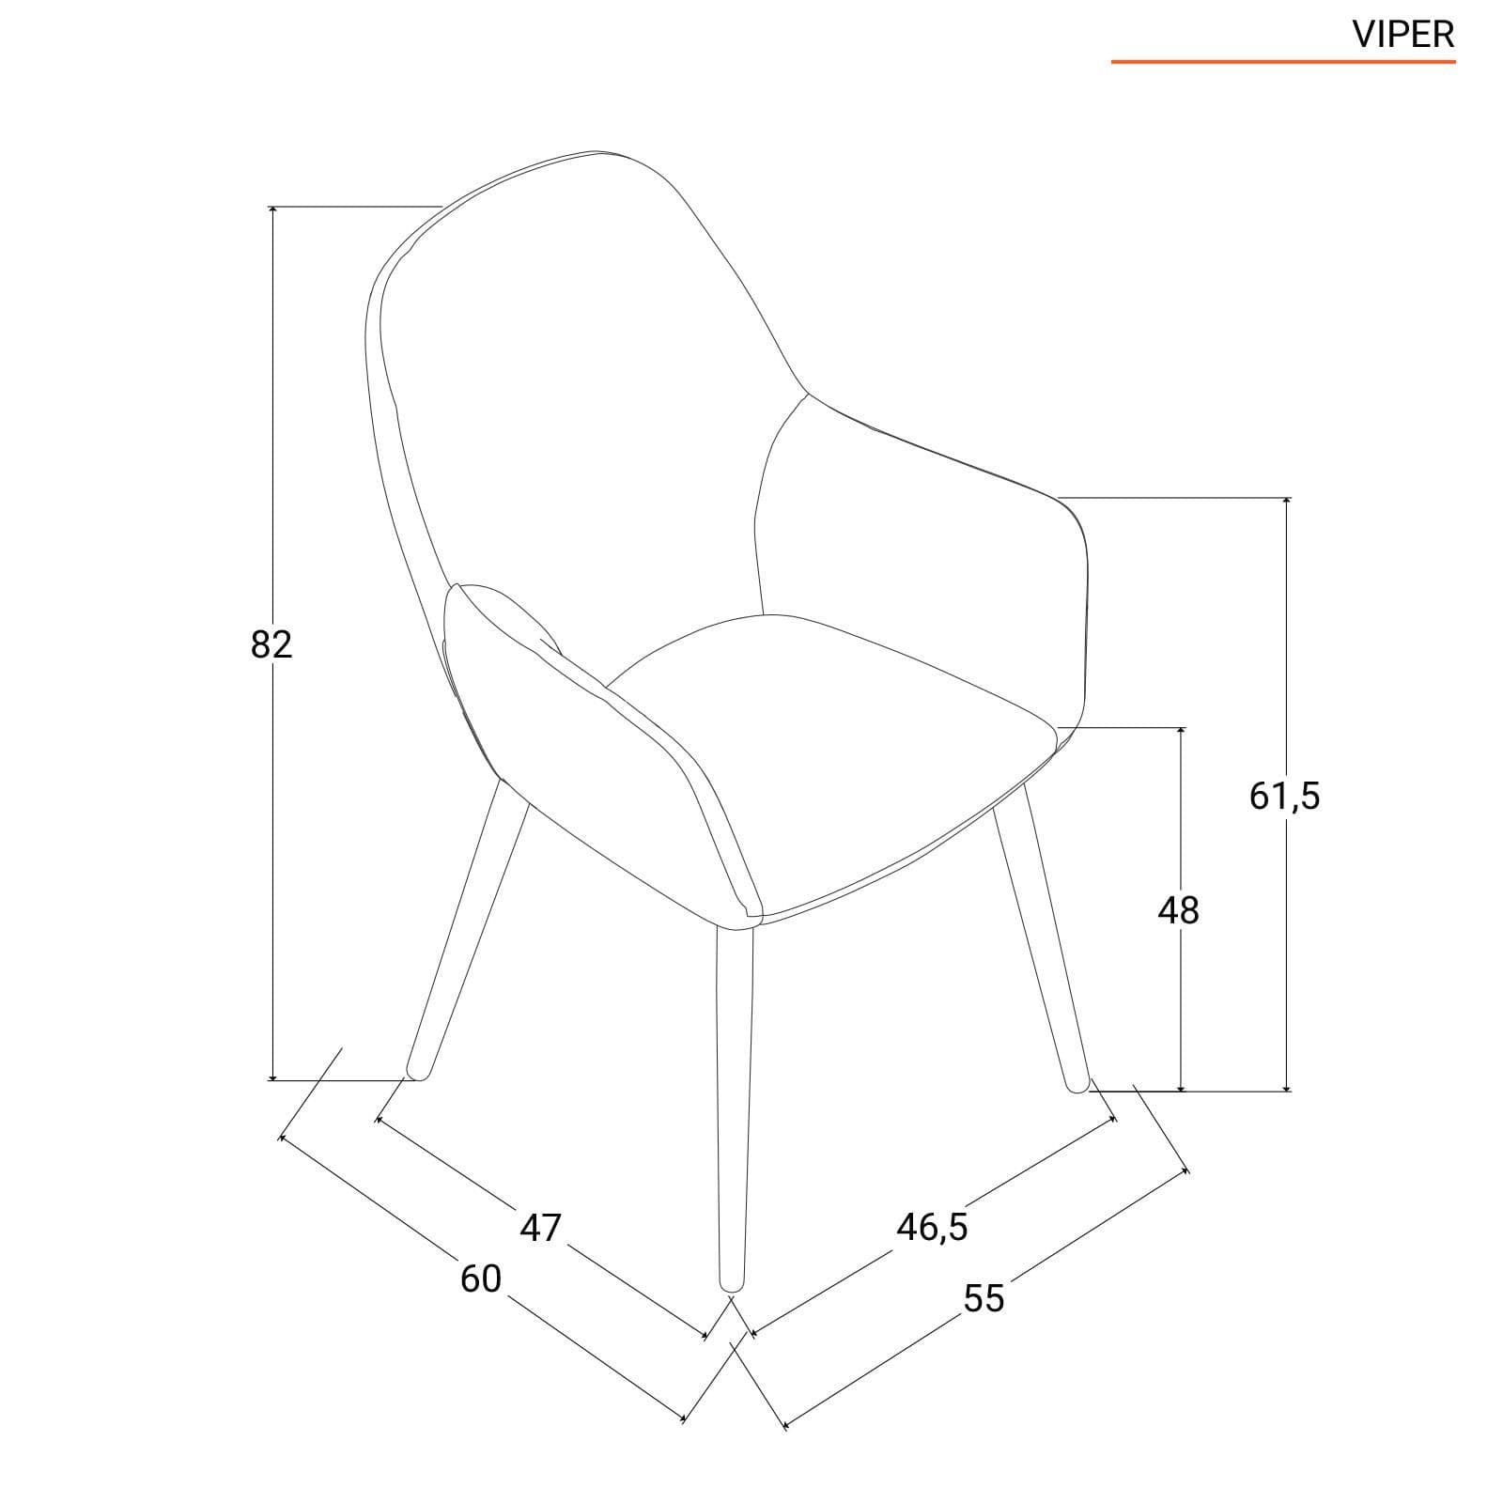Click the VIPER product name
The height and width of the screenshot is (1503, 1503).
[x=1403, y=35]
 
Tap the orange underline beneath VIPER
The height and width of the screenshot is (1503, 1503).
[x=1283, y=62]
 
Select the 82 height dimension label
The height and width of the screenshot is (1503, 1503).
[x=271, y=644]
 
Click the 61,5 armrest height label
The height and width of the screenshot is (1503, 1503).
[x=1285, y=796]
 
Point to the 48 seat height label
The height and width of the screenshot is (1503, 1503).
[x=1179, y=910]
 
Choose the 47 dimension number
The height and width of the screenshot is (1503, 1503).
[x=540, y=1228]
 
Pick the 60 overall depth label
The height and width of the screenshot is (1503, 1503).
[x=481, y=1278]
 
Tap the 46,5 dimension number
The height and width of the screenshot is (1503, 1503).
[x=932, y=1227]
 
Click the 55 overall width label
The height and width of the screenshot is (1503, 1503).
[x=984, y=1298]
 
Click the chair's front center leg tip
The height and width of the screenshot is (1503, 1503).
[x=731, y=1283]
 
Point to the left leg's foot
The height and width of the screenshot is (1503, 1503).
[x=417, y=1071]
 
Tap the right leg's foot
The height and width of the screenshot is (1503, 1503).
[x=1077, y=1084]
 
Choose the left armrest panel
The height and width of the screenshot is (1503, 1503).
[x=601, y=751]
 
